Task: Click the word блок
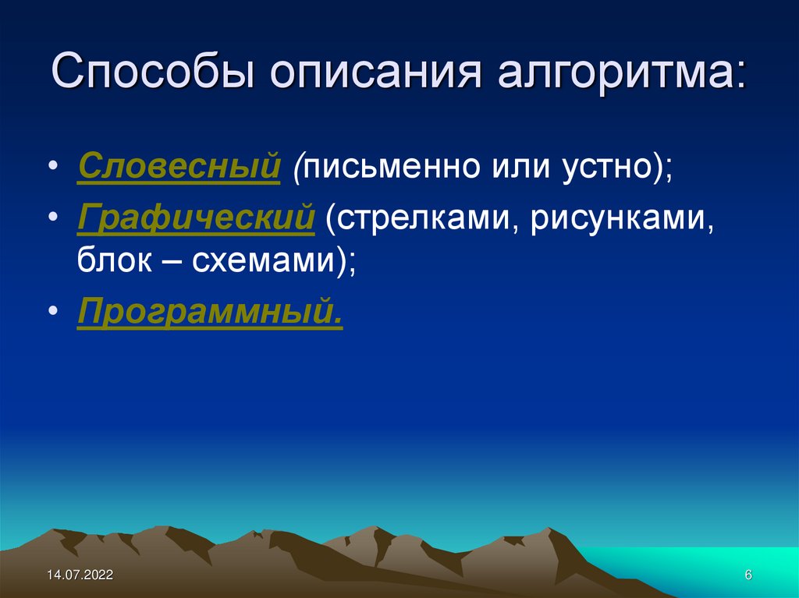click(x=115, y=260)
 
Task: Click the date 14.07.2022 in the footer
click(x=80, y=575)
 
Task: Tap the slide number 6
click(x=748, y=575)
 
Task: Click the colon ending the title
click(x=738, y=78)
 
